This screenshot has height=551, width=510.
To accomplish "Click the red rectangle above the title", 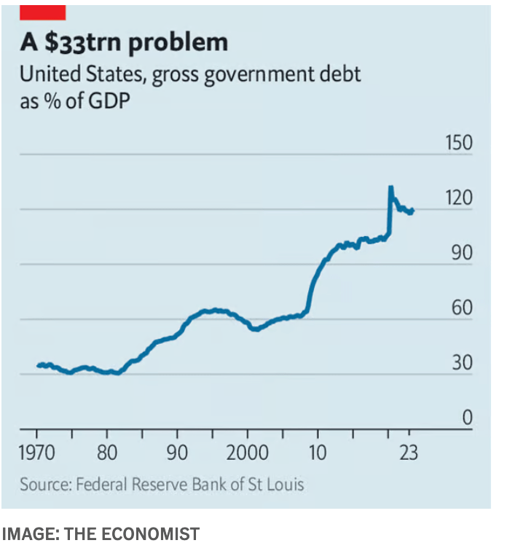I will (42, 12).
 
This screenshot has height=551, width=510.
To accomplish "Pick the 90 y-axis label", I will (463, 254).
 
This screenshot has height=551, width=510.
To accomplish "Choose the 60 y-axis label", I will (463, 308).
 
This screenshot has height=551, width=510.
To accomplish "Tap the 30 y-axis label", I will (463, 363).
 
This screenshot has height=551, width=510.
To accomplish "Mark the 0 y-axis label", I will (467, 418).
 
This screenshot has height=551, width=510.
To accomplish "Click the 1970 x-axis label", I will (36, 452).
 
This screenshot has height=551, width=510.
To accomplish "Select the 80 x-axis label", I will (107, 452).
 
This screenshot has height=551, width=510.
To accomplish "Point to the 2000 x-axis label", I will (248, 452).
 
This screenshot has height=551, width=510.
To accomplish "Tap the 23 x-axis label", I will (409, 452).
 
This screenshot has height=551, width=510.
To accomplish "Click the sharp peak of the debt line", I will (391, 188).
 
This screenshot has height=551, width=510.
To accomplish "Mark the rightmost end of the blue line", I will (413, 211).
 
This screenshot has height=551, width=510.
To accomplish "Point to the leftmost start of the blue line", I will (38, 365).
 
